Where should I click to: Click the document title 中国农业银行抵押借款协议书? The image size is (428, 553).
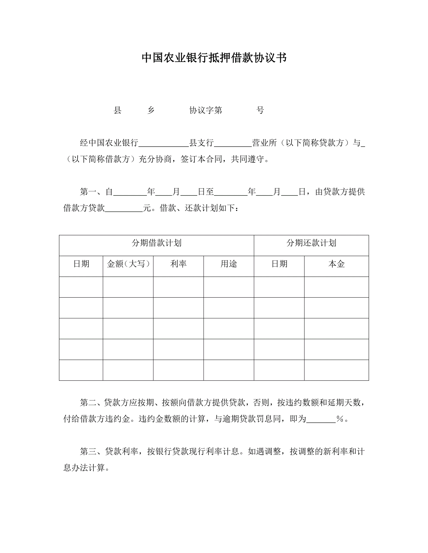point(214,58)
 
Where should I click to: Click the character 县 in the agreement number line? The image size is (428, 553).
point(117,110)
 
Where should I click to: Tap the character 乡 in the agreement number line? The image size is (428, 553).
point(151,110)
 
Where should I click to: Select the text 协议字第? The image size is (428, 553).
point(205,110)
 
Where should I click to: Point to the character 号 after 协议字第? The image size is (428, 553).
point(260,110)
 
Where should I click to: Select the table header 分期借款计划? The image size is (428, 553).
point(156,243)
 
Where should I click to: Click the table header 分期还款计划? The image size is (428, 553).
point(311,243)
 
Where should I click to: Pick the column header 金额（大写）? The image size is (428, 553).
point(128,264)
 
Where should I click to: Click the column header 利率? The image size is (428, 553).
point(178,264)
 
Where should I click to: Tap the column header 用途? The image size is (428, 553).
point(229,264)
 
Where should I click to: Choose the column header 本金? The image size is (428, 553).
point(336,264)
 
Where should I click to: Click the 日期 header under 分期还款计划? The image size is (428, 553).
point(279,264)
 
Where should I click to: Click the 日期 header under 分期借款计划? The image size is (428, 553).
point(81,264)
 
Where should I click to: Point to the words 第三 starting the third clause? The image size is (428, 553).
point(88,452)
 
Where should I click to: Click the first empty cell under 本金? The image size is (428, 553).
point(336,287)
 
